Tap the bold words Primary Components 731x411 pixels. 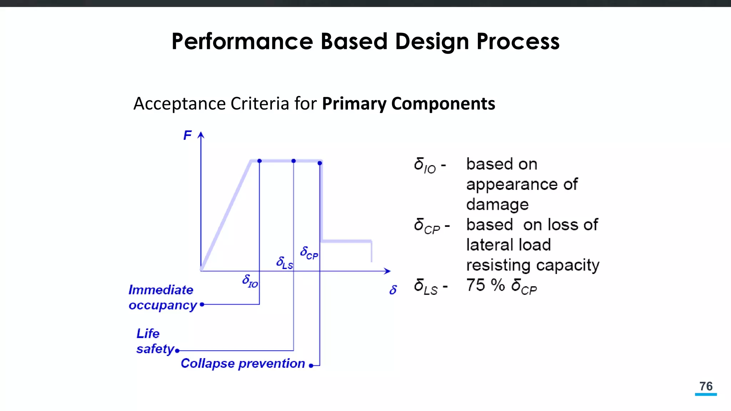pos(408,104)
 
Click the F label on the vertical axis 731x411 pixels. pos(187,136)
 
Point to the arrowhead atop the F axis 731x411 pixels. pos(201,135)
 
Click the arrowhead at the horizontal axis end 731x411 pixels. pos(388,271)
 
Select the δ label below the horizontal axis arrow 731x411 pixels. pos(393,290)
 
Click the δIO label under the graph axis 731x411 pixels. pos(250,281)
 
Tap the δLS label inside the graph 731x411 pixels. pos(284,263)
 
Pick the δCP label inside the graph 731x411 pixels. pos(309,253)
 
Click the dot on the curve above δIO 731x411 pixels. pos(259,161)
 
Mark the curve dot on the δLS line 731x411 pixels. pos(293,161)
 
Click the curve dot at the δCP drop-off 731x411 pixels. pos(320,163)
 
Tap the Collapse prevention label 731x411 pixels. pos(243,364)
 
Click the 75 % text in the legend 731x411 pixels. pos(485,285)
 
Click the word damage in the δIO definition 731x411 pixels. pos(497,205)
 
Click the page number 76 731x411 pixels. pos(706,386)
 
